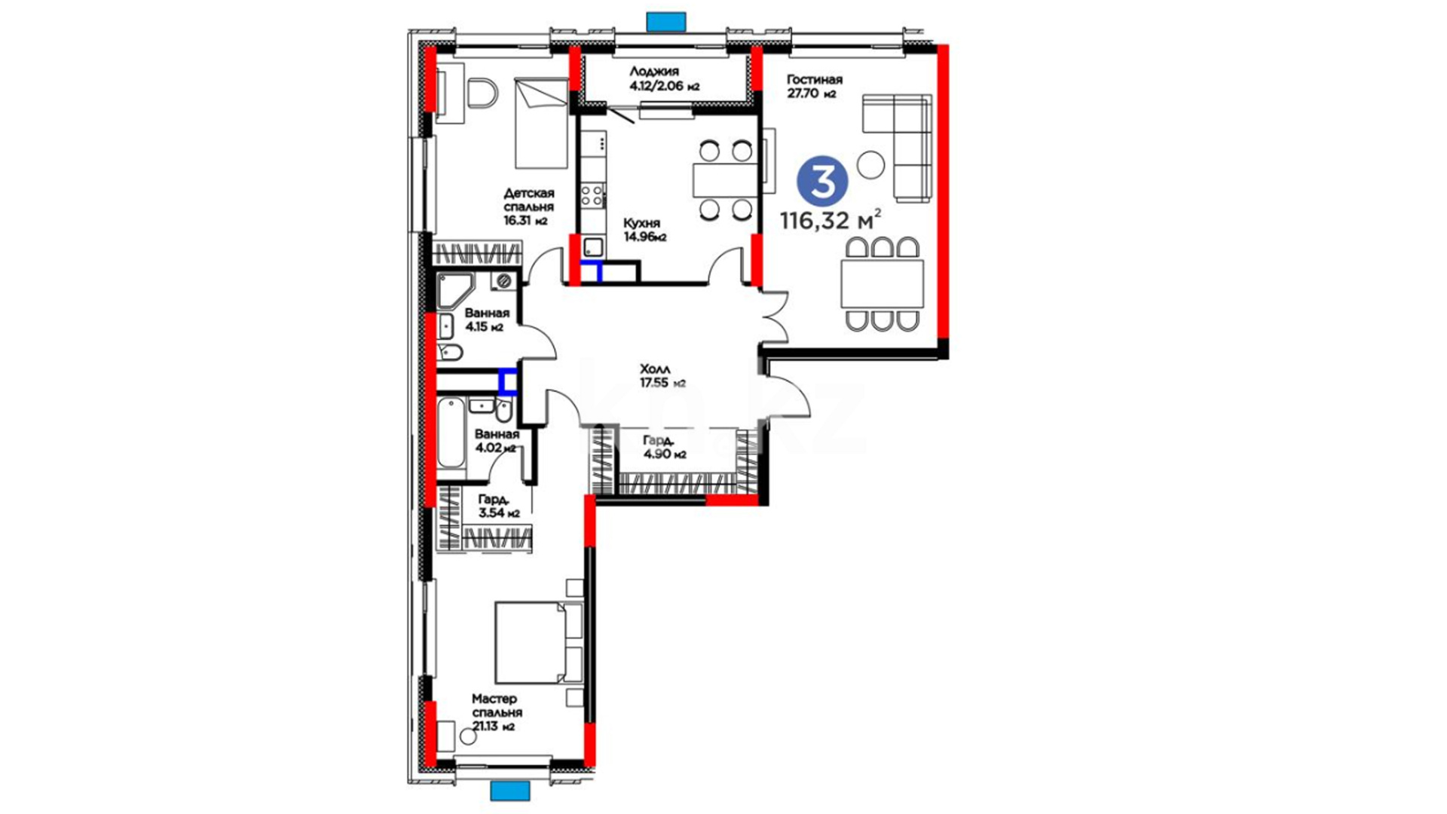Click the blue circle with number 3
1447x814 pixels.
click(x=822, y=181)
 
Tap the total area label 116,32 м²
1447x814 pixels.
click(x=831, y=221)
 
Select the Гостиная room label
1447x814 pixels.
click(x=814, y=79)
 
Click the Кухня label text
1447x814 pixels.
click(x=641, y=223)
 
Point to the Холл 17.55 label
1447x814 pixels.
click(x=662, y=376)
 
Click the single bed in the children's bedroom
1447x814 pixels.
click(x=541, y=123)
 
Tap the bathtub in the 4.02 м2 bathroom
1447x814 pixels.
click(x=451, y=433)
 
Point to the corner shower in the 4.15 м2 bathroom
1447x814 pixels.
click(x=455, y=291)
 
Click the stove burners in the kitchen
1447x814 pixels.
click(x=592, y=196)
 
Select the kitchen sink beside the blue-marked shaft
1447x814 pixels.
click(x=593, y=246)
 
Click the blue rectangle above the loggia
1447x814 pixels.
click(x=666, y=22)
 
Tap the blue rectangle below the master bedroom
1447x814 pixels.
click(x=510, y=791)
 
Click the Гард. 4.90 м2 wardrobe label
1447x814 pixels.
click(x=664, y=448)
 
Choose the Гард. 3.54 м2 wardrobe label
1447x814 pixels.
click(x=499, y=506)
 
